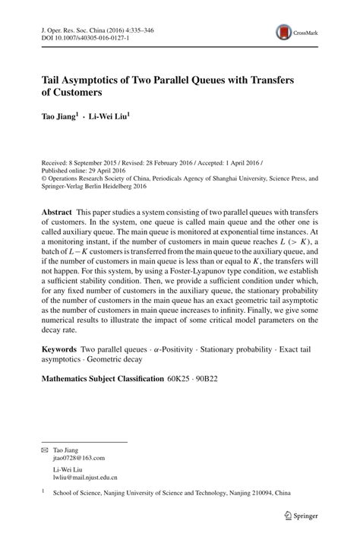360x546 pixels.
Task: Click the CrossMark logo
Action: click(x=296, y=32)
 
